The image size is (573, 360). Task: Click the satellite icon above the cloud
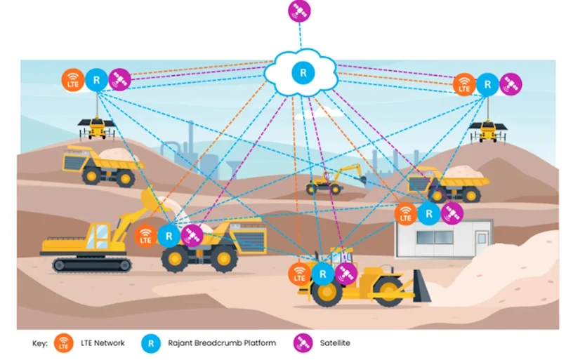click(x=299, y=11)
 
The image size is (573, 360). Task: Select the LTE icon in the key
click(x=64, y=343)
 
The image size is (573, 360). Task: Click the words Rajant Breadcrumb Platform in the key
click(x=222, y=343)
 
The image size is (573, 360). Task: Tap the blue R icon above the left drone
click(x=96, y=80)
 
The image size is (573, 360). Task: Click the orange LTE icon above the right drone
click(x=463, y=85)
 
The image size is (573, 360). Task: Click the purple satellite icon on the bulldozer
click(x=345, y=274)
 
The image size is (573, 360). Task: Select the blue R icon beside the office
click(x=428, y=213)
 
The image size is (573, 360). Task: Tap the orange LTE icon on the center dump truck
click(x=146, y=236)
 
